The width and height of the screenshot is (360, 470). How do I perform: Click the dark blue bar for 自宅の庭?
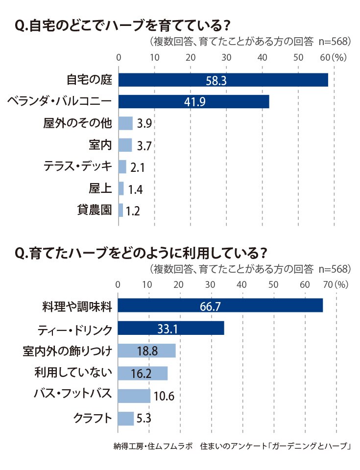pyautogui.click(x=223, y=80)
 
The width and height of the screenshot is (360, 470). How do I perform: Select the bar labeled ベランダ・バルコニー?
pyautogui.click(x=194, y=102)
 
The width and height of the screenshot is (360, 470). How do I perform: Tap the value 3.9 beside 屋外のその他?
pyautogui.click(x=144, y=123)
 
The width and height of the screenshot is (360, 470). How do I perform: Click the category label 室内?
pyautogui.click(x=100, y=145)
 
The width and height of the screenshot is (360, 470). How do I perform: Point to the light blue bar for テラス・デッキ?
pyautogui.click(x=122, y=166)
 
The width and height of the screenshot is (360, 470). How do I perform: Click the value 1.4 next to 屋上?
pyautogui.click(x=135, y=189)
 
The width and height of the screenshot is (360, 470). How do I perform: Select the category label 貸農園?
pyautogui.click(x=95, y=210)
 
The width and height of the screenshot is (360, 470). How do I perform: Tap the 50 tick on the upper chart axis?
pyautogui.click(x=298, y=57)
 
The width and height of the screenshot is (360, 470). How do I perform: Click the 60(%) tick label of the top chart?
pyautogui.click(x=333, y=57)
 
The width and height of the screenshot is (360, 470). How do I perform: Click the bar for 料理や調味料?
pyautogui.click(x=220, y=305)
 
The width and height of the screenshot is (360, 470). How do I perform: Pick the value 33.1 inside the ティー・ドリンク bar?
pyautogui.click(x=168, y=329)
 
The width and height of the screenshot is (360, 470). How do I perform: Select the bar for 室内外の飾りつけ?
pyautogui.click(x=147, y=351)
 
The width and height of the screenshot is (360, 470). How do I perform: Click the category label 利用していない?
pyautogui.click(x=73, y=372)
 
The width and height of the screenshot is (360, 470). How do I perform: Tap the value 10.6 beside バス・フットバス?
pyautogui.click(x=164, y=396)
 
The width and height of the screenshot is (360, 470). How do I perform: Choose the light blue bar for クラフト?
pyautogui.click(x=126, y=419)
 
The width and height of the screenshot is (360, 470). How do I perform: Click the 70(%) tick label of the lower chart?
pyautogui.click(x=336, y=284)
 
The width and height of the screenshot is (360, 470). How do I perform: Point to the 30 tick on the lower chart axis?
pyautogui.click(x=210, y=284)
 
